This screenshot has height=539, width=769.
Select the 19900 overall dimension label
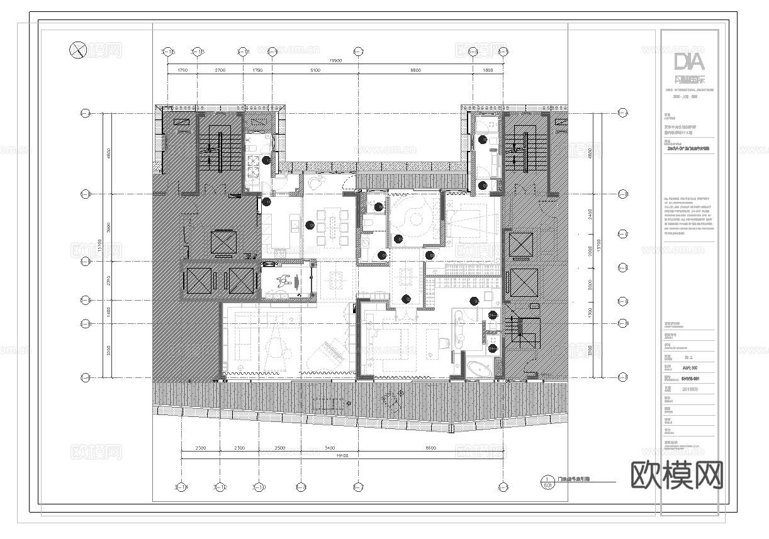[x=335, y=61]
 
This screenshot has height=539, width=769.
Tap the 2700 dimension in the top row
[x=220, y=71]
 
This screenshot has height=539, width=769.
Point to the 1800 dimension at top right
[x=488, y=71]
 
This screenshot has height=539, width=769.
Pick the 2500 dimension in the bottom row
[x=279, y=448]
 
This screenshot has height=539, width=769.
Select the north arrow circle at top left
[x=77, y=49]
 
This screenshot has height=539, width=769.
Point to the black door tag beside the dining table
[x=309, y=225]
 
